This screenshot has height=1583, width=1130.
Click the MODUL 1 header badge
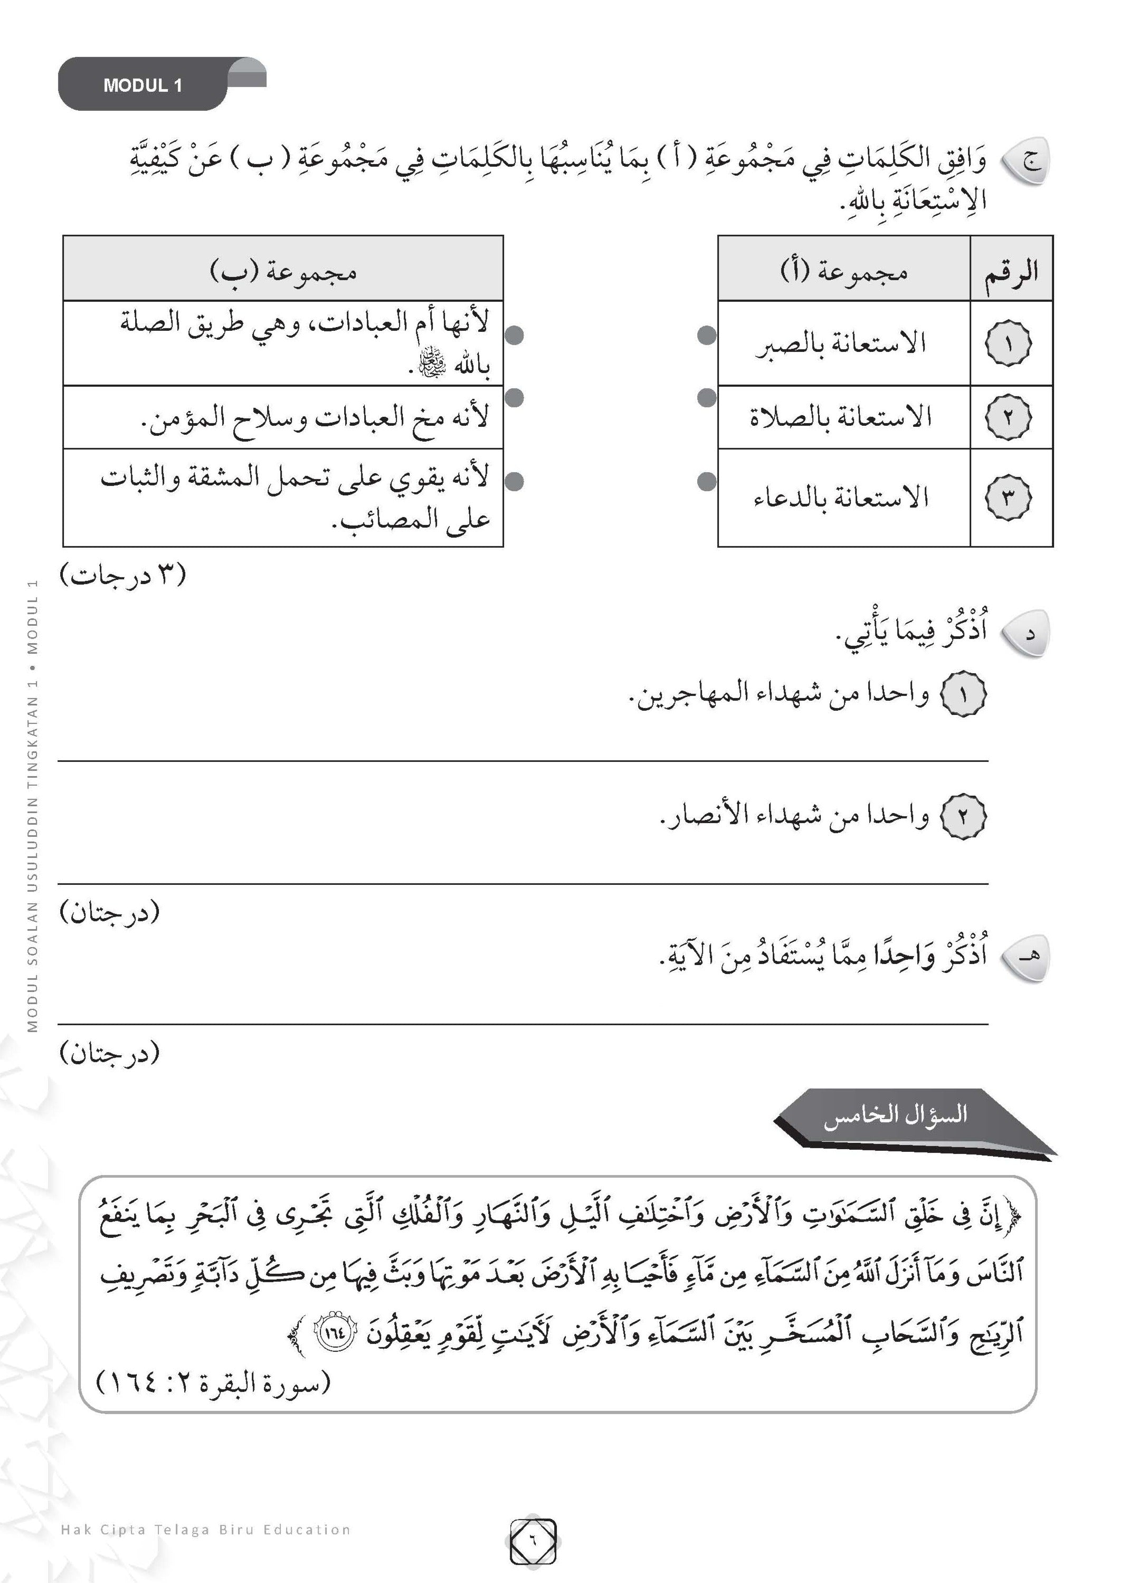click(x=143, y=85)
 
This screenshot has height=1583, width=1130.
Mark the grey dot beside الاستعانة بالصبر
click(x=707, y=335)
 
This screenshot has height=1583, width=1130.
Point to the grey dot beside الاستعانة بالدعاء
click(x=707, y=481)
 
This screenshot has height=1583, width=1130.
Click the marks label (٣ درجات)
click(x=124, y=576)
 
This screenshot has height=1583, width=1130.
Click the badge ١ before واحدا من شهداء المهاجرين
click(x=963, y=694)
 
